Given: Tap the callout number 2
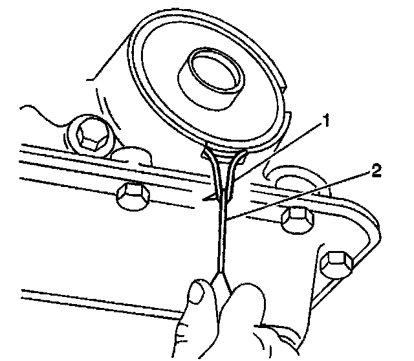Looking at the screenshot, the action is pyautogui.click(x=376, y=171).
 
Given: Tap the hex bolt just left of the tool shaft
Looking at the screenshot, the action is pyautogui.click(x=131, y=195).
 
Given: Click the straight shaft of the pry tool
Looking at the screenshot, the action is pyautogui.click(x=222, y=239).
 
